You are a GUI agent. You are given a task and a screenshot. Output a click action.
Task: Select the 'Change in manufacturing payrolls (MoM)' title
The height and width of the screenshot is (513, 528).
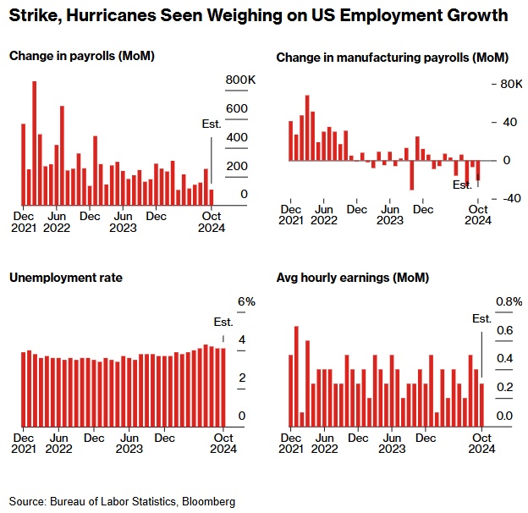pyautogui.click(x=392, y=58)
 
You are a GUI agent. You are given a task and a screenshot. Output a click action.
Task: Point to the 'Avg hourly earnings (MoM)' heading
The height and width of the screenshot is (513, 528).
pyautogui.click(x=353, y=278)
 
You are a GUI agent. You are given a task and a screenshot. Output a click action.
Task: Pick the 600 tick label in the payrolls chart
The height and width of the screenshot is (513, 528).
pyautogui.click(x=236, y=108)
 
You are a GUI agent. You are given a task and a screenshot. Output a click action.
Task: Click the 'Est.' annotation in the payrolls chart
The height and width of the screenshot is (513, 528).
pyautogui.click(x=212, y=124)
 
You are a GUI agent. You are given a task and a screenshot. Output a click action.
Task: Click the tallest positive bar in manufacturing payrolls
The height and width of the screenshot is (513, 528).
pyautogui.click(x=307, y=127)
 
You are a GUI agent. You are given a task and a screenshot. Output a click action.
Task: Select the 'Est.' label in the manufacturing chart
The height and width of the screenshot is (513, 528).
pyautogui.click(x=462, y=185)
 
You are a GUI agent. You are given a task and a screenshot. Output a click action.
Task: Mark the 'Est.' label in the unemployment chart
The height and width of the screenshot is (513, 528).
pyautogui.click(x=223, y=322)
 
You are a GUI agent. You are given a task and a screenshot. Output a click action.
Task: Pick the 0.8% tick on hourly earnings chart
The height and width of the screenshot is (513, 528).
pyautogui.click(x=509, y=302)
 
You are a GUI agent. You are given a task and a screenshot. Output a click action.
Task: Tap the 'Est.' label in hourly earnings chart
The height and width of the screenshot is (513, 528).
pyautogui.click(x=481, y=318)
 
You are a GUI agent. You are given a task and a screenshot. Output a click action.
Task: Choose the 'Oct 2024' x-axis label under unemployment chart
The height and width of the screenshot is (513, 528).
pyautogui.click(x=222, y=444)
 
